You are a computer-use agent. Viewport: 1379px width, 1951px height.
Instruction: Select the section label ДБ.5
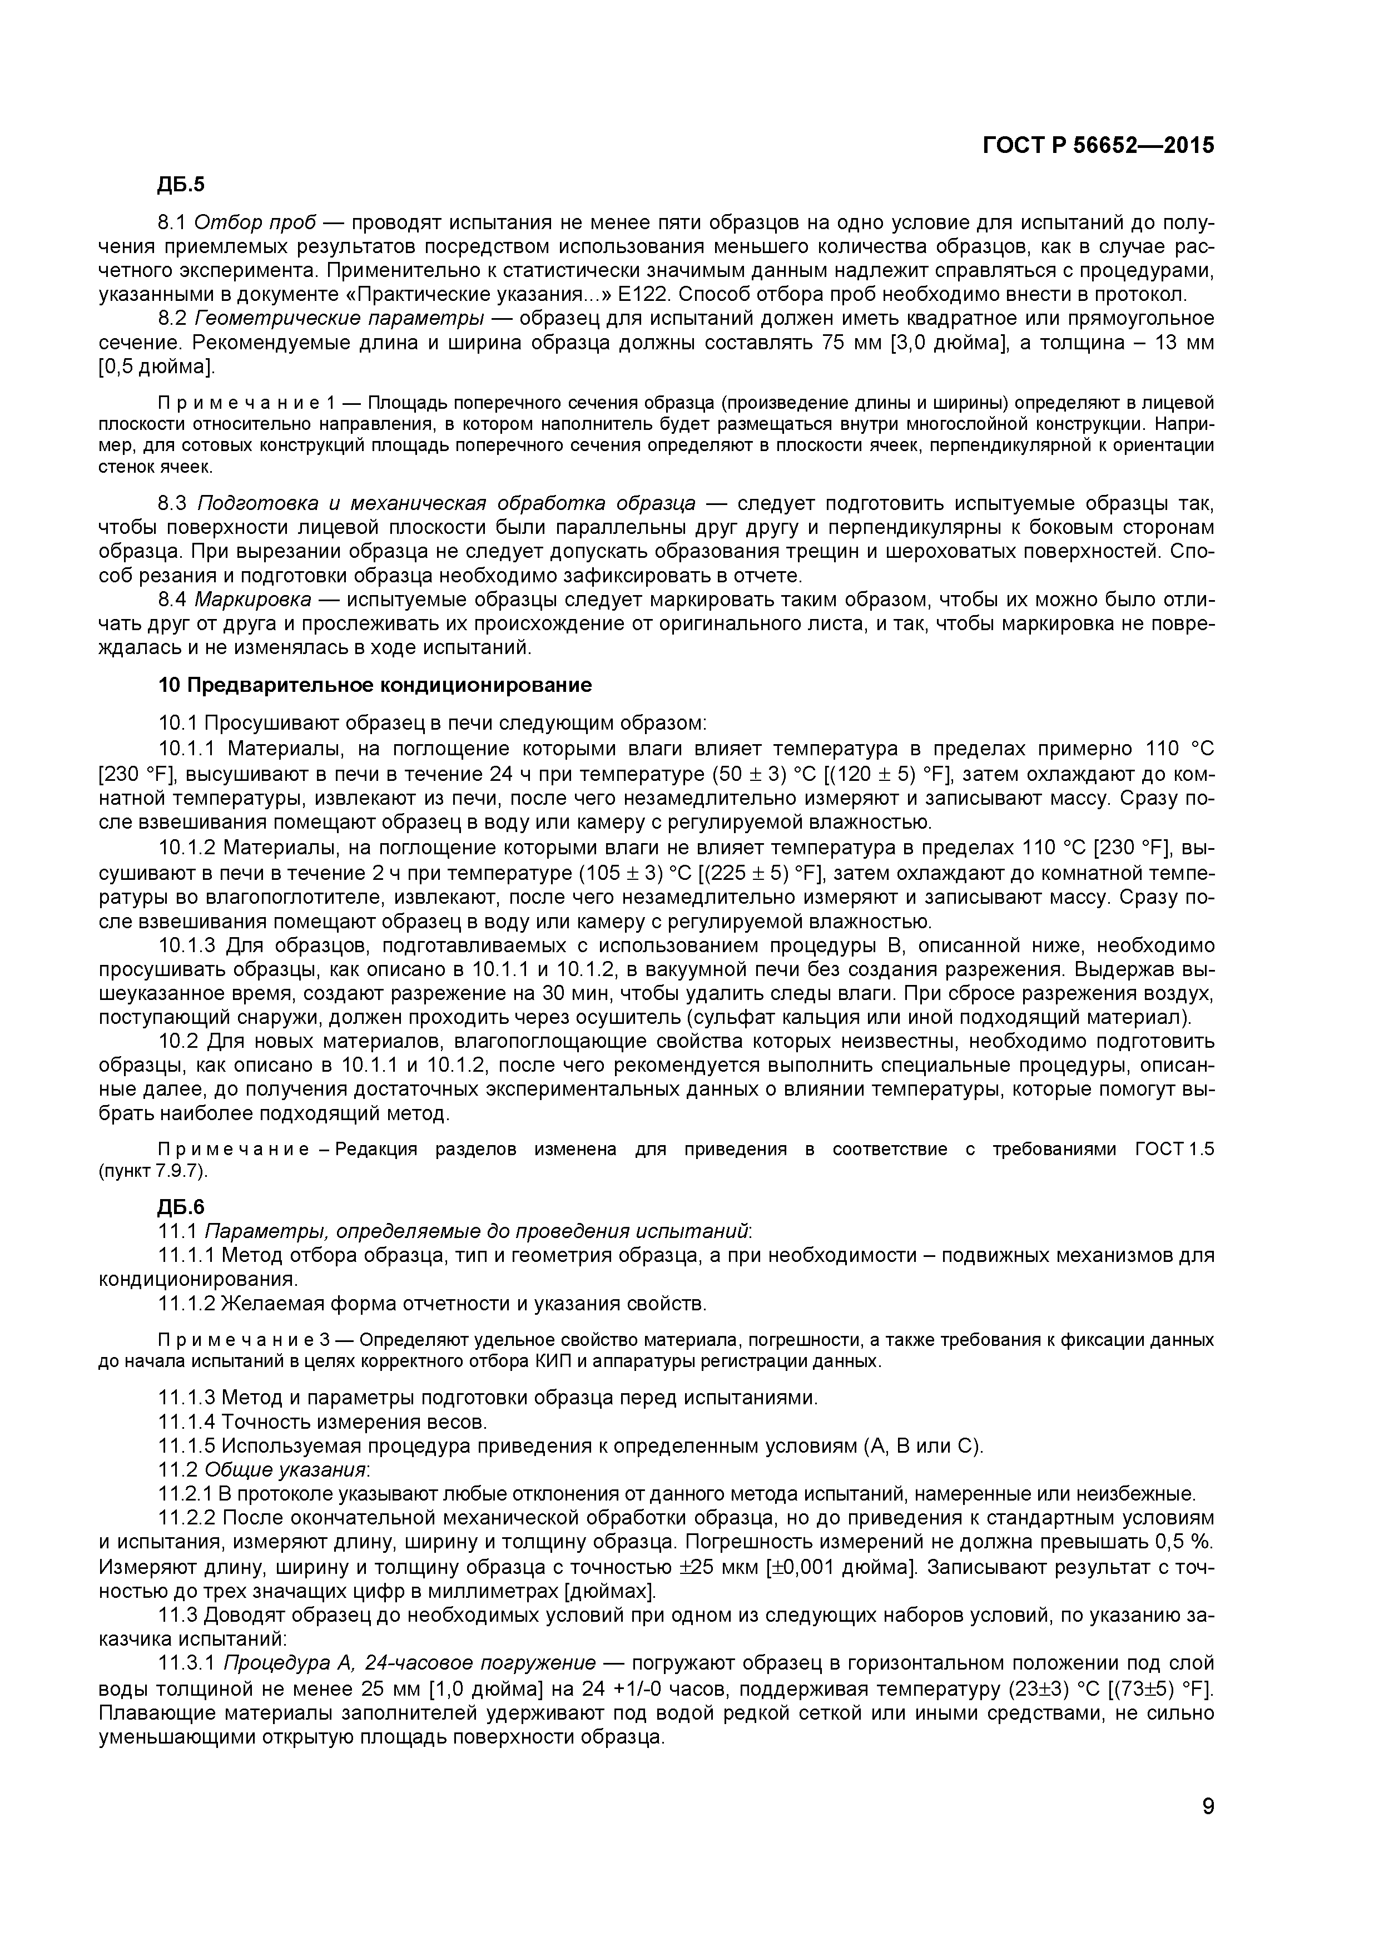click(x=181, y=185)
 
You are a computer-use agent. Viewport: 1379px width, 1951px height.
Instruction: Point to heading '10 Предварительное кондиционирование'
click(x=375, y=685)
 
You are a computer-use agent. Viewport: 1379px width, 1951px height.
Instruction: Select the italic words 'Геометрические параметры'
click(x=340, y=319)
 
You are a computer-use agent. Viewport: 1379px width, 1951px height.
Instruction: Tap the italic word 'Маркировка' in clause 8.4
click(x=252, y=600)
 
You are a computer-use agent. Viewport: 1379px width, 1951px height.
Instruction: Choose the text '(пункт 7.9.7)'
click(x=153, y=1170)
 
